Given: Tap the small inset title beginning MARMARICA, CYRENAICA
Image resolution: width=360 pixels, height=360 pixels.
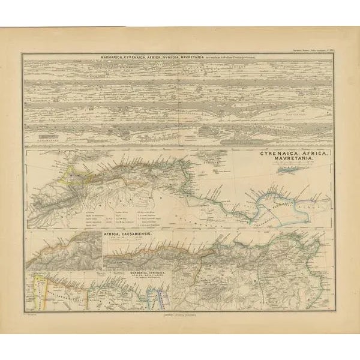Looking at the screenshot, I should coord(149,275).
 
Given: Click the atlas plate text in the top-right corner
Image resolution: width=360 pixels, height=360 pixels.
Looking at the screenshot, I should coord(314,52).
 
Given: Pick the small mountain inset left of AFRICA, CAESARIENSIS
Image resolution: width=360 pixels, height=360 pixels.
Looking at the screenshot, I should coord(63,252).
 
